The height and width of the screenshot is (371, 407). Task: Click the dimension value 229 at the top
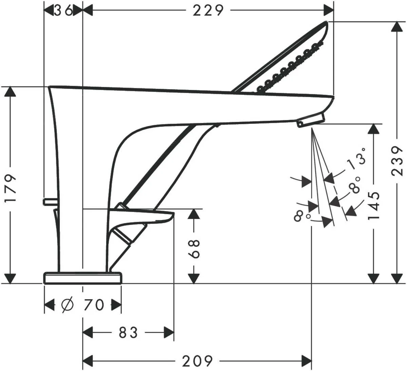coord(208,11)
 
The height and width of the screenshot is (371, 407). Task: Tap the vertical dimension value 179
coord(11,188)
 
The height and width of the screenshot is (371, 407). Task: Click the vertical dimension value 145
coord(374,205)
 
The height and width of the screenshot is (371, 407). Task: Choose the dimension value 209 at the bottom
coord(197,360)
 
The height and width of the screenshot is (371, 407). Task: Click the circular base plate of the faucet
coord(82,278)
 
